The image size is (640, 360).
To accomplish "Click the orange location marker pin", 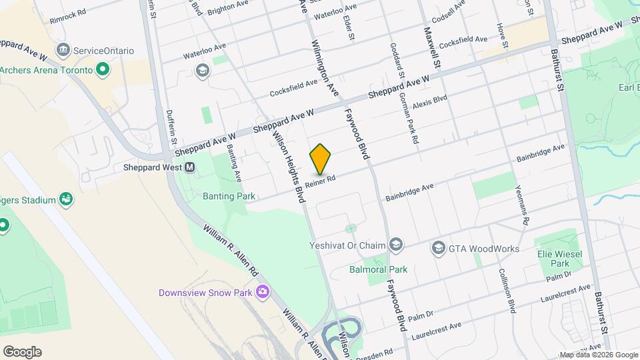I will pos(321,159).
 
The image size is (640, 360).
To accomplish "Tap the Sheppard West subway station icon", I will pos(190,167).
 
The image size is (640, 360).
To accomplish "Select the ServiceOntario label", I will pos(103,51).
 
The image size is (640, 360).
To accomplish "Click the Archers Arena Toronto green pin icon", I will pos(103,69).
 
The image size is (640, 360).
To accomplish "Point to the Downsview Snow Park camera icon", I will pos(263,291).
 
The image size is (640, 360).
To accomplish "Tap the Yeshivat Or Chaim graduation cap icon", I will pos(396,245).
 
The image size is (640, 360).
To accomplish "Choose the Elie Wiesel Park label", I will pos(560,259).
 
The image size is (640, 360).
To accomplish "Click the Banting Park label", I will pos(224,197).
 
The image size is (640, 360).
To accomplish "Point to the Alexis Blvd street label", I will pos(429,102).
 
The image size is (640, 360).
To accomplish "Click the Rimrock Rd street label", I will pos(68,17).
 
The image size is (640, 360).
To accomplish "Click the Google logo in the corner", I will pos(22,352).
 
